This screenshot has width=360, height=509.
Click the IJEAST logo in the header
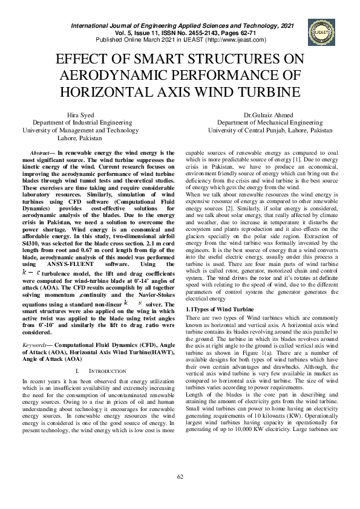pyautogui.click(x=319, y=31)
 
